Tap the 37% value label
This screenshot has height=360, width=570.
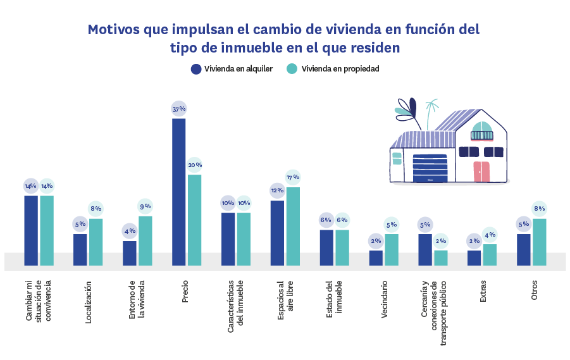point(178,109)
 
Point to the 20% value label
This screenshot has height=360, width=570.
point(194,165)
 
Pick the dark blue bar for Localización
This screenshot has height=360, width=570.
point(80,249)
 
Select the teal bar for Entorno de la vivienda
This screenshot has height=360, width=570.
point(146,240)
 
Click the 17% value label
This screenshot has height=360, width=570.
point(293,177)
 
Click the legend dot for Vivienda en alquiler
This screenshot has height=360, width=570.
point(196,69)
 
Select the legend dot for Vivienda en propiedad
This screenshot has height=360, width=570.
point(292,69)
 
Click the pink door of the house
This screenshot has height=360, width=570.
point(481,171)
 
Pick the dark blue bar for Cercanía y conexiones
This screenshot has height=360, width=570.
point(425,249)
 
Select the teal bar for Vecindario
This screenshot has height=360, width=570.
point(392,249)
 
